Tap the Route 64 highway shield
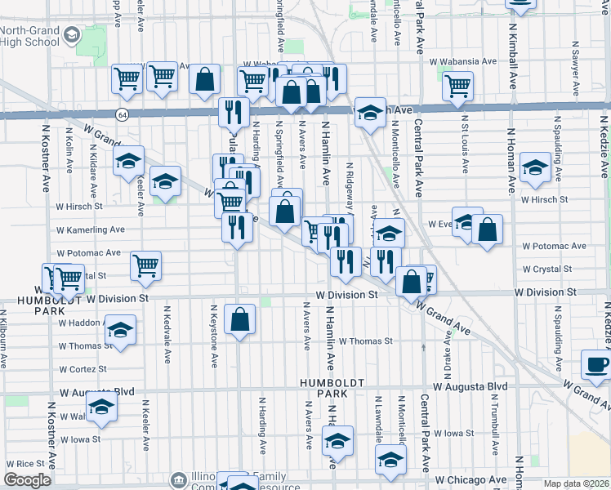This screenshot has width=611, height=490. pyautogui.click(x=122, y=114)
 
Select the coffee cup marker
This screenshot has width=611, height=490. pyautogui.click(x=595, y=365)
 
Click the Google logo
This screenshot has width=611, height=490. pyautogui.click(x=27, y=480)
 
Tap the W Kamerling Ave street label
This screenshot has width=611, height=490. pyautogui.click(x=90, y=230)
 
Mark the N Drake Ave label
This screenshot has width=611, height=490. pyautogui.click(x=447, y=339)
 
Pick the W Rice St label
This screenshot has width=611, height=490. pyautogui.click(x=23, y=463)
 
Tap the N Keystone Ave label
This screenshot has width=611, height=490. pyautogui.click(x=214, y=335)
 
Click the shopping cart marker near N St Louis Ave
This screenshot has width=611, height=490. pyautogui.click(x=457, y=84)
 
